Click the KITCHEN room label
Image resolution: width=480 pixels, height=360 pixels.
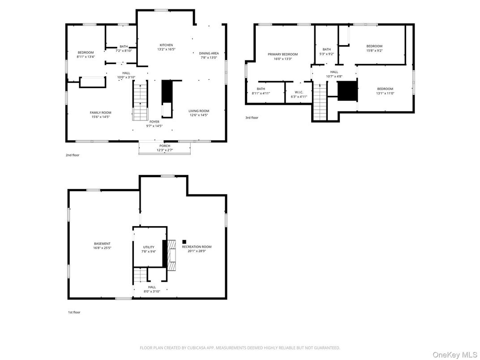(x=166, y=45)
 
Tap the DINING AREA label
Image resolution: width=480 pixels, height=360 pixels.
(x=209, y=53)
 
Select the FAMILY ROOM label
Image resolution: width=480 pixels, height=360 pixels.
(x=100, y=113)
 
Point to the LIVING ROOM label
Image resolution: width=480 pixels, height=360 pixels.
(x=198, y=111)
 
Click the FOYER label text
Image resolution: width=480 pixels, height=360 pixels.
(x=154, y=122)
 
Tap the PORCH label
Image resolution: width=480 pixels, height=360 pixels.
(x=165, y=146)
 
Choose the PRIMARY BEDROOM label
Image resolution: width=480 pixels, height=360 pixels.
(x=283, y=55)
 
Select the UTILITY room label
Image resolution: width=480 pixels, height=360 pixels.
(x=149, y=247)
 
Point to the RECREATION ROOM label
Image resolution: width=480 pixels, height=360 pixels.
(x=197, y=247)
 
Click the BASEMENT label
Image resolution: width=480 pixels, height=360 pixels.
(x=102, y=244)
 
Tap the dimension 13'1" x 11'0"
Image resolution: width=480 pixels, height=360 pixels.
(x=385, y=93)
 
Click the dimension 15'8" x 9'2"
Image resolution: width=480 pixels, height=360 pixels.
(x=374, y=51)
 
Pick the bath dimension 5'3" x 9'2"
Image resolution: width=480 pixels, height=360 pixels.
(x=327, y=54)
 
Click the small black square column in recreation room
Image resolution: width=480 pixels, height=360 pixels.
(x=184, y=242)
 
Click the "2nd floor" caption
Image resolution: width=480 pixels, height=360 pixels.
(x=73, y=155)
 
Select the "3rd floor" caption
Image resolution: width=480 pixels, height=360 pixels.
(x=252, y=118)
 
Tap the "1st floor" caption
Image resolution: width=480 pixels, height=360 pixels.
(x=74, y=312)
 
